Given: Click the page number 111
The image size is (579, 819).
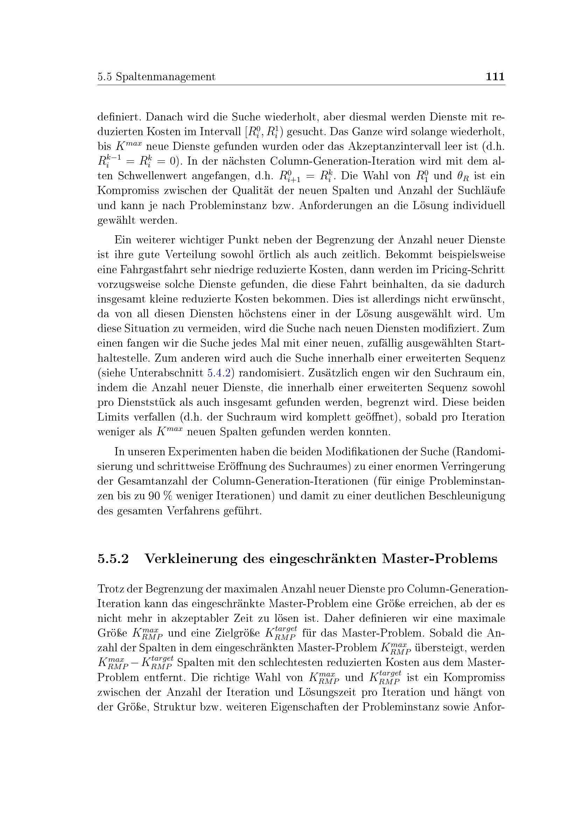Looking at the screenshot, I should (495, 77).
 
